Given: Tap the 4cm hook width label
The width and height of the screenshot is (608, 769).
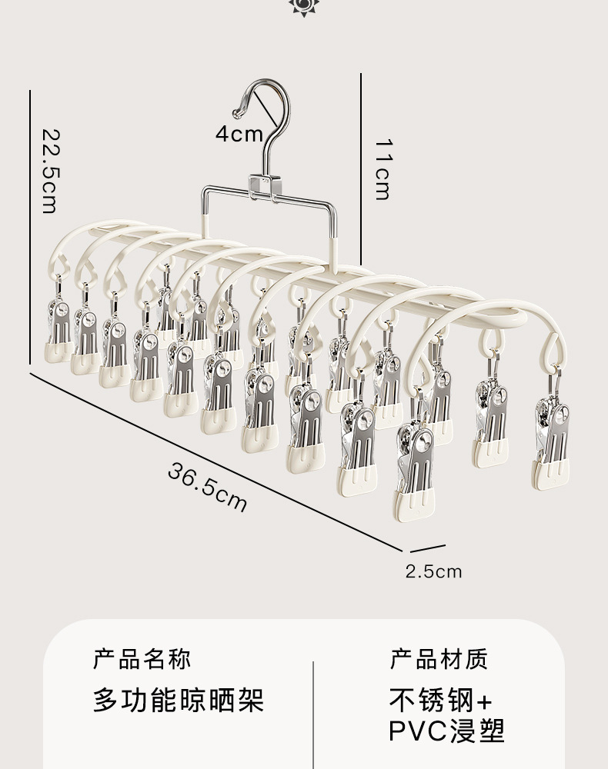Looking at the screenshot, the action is tap(239, 135).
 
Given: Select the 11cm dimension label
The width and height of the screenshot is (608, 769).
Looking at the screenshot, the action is tap(383, 168).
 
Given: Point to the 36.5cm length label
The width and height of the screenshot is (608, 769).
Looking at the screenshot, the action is tap(207, 488).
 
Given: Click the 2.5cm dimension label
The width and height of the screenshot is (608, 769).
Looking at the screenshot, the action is tap(434, 571).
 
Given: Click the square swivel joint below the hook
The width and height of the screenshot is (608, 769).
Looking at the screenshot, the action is tap(262, 188).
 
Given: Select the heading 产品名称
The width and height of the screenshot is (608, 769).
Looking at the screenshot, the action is tap(142, 659).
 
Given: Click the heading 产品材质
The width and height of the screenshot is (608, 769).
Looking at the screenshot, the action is tap(439, 659).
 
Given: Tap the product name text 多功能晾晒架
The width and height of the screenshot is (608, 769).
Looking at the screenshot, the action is tap(179, 700).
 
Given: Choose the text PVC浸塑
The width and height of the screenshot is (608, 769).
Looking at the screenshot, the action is tap(446, 731).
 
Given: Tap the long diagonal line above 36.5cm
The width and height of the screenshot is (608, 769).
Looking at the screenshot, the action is tap(215, 461).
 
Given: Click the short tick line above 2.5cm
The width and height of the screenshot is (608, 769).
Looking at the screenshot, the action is tap(428, 549).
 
